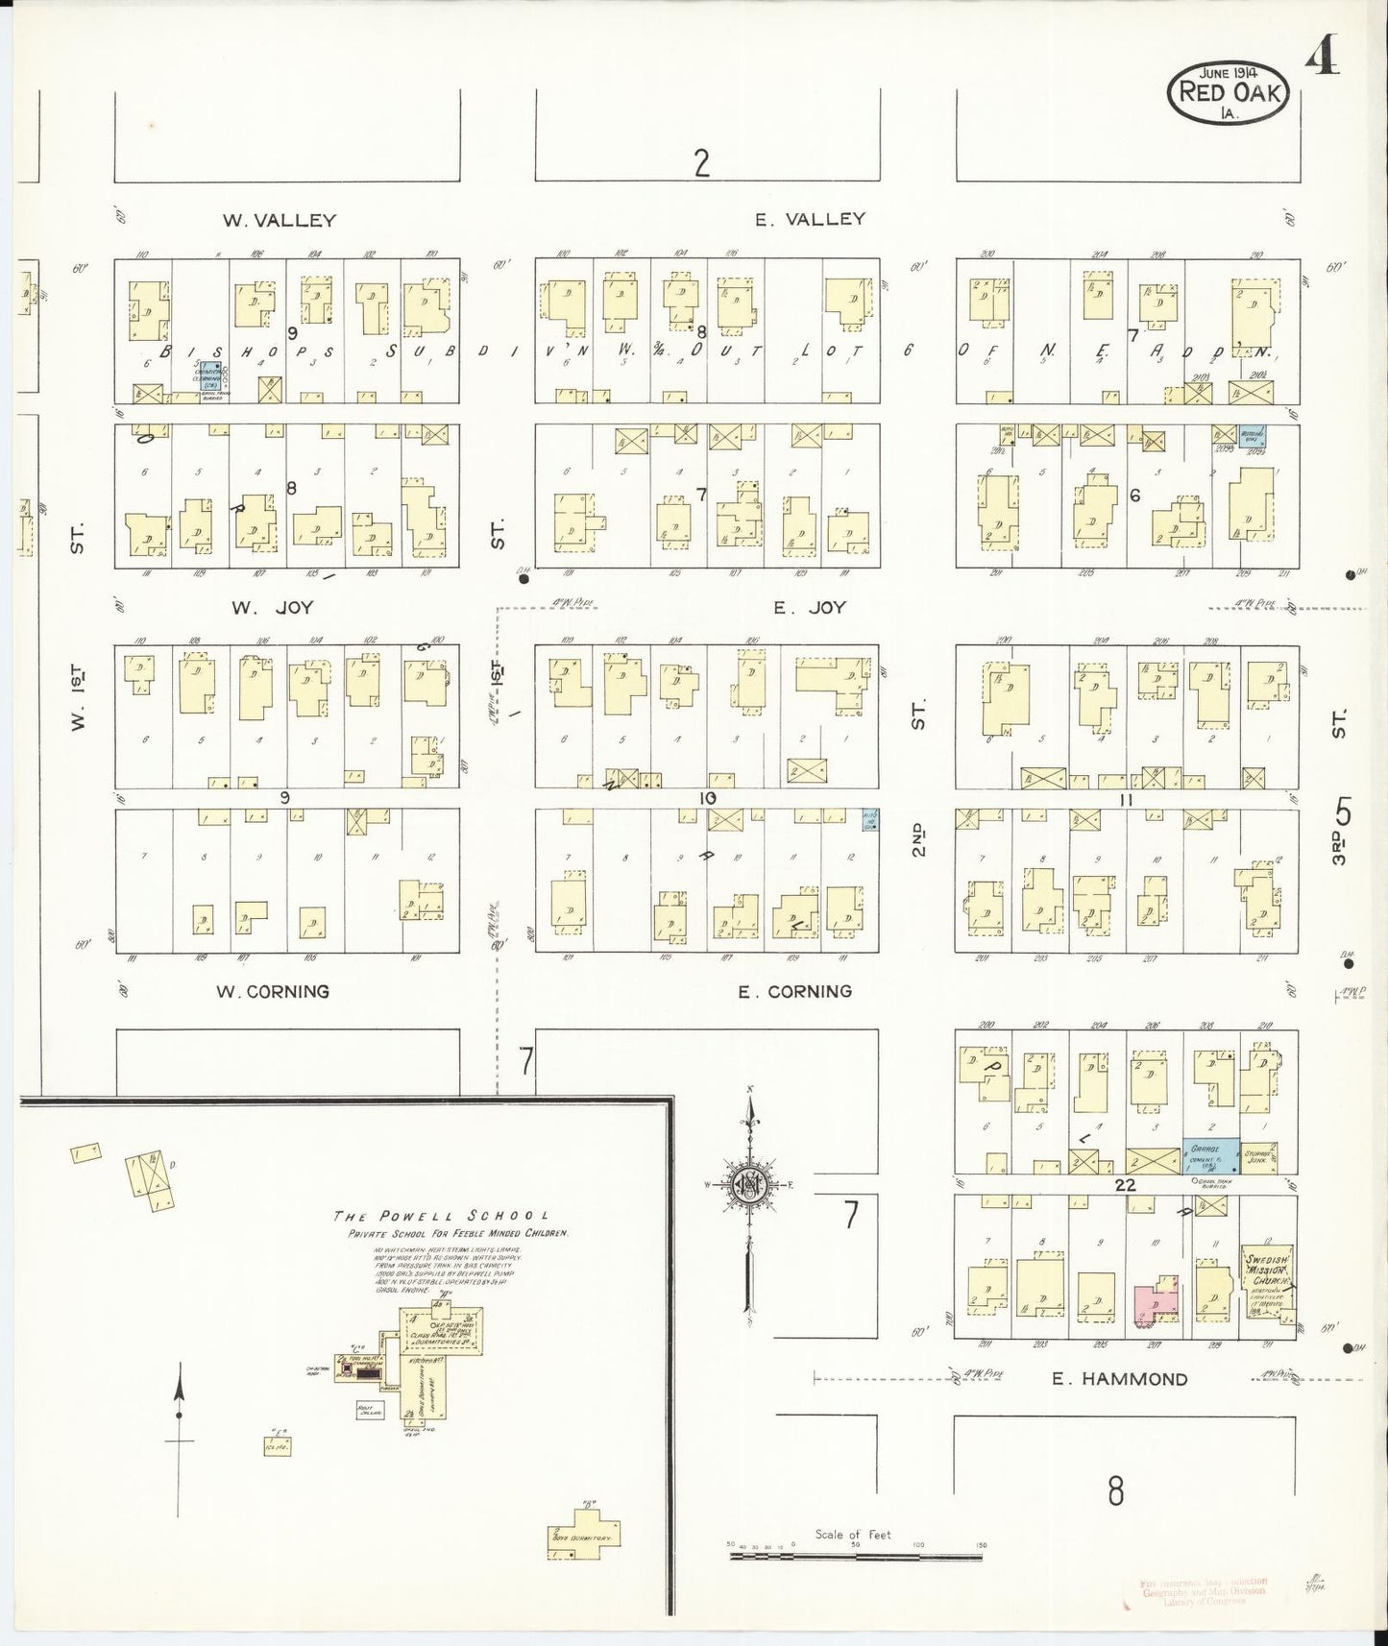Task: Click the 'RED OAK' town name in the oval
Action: coord(1226,93)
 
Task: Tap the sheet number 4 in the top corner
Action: coord(1323,60)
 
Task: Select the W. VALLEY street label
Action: coord(280,220)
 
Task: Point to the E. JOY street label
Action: coord(810,607)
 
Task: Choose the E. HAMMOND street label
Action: coord(1119,1379)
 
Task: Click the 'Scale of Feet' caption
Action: coord(853,1535)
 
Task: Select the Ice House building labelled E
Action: coord(278,1445)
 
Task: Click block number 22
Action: coord(1125,1185)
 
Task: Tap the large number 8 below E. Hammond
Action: coord(1114,1491)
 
